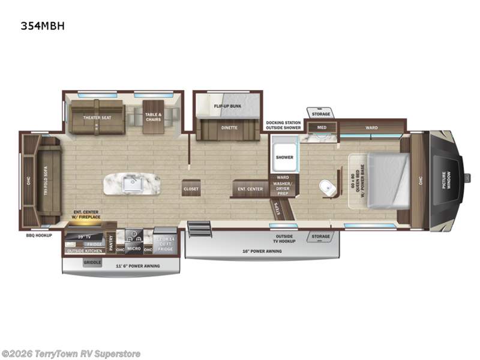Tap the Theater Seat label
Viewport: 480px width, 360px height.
coord(97,118)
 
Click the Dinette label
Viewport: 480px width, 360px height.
coord(229,127)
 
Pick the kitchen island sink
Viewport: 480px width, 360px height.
coord(129,183)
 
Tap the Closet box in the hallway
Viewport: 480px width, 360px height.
coord(191,189)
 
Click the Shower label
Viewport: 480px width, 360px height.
coord(284,157)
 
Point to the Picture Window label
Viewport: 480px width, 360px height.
coord(446,181)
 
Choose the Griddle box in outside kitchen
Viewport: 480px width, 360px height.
coord(92,262)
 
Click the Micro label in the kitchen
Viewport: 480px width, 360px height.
coord(133,248)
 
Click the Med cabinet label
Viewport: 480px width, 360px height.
coord(322,127)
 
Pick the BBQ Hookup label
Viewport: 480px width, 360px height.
coord(40,235)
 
